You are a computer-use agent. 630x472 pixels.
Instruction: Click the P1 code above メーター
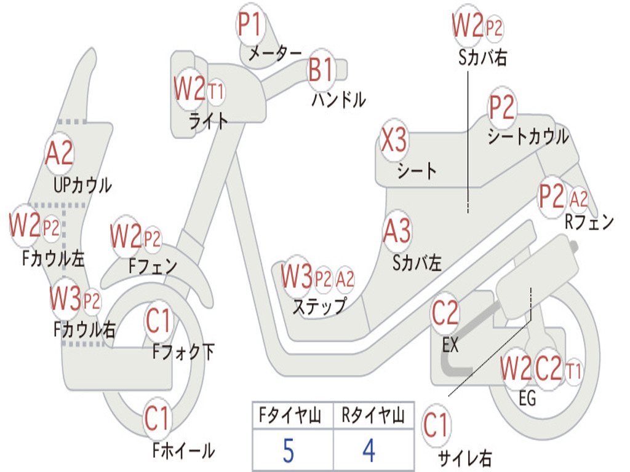pos(250,26)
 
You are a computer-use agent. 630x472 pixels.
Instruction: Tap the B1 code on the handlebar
pos(321,69)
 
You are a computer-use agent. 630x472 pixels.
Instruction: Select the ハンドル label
pos(338,100)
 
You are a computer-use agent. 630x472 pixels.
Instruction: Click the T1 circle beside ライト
pos(215,92)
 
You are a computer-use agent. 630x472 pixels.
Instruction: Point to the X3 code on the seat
pos(393,141)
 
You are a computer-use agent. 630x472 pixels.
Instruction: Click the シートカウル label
pos(527,136)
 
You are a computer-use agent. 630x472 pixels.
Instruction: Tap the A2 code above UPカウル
pos(59,153)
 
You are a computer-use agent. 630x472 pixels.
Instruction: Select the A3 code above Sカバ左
pos(397,232)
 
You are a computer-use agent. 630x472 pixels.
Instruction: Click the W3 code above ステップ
pos(296,277)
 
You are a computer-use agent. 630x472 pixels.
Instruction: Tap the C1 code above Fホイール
pos(157,420)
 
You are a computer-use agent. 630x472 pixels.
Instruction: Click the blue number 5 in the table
pos(288,450)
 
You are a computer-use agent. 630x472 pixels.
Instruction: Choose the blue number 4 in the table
pos(369,450)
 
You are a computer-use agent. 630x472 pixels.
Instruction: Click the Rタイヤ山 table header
pos(373,417)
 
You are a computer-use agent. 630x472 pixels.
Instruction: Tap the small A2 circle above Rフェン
pos(578,199)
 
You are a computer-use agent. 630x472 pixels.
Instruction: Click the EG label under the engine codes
pos(527,398)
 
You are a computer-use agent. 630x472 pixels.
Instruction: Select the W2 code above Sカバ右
pos(468,26)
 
